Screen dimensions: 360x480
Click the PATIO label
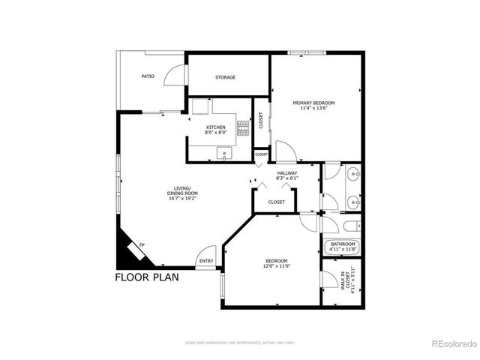[148, 76]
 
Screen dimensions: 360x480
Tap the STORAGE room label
[226, 77]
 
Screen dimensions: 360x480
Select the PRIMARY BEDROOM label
[313, 103]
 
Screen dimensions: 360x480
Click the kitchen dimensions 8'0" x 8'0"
[216, 133]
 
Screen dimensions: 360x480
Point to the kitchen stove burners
[242, 128]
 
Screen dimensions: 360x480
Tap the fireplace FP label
[142, 246]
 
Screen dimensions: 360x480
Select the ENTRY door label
[205, 261]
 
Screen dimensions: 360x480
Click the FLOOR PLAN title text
[148, 277]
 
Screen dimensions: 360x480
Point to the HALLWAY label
[287, 173]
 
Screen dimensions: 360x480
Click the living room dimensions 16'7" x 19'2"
[182, 194]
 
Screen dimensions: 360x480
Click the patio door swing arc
[175, 75]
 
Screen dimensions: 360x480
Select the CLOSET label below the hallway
[276, 202]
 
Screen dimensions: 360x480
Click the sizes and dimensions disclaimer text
[239, 343]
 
